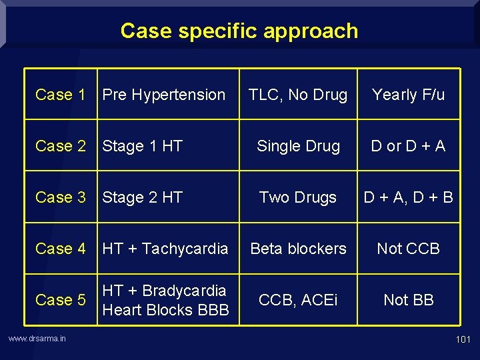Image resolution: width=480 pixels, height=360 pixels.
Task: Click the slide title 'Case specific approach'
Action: click(x=239, y=31)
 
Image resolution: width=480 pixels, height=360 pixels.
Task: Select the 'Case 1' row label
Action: click(x=60, y=95)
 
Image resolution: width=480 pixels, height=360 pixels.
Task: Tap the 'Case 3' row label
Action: click(x=60, y=197)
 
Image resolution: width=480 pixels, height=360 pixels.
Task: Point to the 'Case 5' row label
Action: click(x=60, y=300)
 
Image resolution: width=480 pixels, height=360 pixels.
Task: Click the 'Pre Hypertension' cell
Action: click(x=163, y=95)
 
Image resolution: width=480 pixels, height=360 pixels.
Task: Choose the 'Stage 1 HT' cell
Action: click(x=142, y=146)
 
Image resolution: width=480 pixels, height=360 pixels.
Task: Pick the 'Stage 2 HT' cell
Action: click(x=142, y=197)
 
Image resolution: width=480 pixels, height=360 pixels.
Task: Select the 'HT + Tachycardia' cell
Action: click(x=165, y=249)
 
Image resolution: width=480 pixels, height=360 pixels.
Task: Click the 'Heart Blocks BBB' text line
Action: click(x=165, y=310)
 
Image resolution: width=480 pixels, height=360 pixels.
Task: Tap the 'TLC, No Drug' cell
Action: click(x=298, y=95)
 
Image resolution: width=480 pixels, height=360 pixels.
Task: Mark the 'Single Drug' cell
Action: click(x=298, y=146)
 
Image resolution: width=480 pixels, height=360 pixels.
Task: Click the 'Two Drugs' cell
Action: click(x=298, y=197)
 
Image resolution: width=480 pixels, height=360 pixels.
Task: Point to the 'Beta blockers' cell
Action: click(x=298, y=249)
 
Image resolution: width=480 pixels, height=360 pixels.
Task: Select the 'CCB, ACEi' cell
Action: click(x=298, y=300)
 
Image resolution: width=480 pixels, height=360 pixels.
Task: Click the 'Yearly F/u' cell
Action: click(x=408, y=95)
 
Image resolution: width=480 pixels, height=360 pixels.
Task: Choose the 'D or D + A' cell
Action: click(x=408, y=146)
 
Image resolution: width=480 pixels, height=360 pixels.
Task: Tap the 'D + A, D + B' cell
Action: click(x=408, y=197)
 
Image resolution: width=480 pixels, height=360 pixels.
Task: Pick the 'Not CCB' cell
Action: click(x=408, y=249)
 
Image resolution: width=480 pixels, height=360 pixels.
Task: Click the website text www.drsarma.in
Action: click(x=37, y=339)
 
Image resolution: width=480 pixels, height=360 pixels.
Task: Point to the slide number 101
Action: click(x=463, y=340)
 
